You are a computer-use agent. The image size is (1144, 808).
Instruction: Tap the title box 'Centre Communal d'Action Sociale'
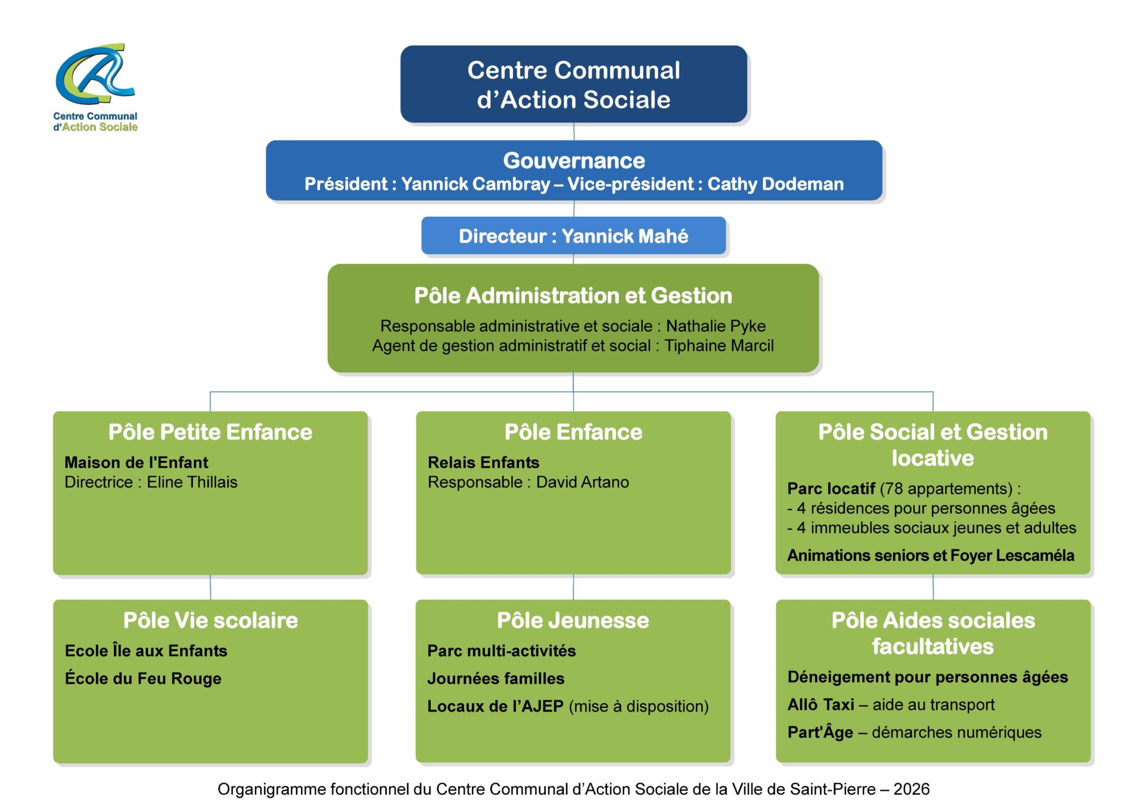pyautogui.click(x=574, y=84)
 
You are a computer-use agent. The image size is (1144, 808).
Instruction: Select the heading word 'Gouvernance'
pyautogui.click(x=574, y=161)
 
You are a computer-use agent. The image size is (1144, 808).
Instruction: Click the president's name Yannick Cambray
pyautogui.click(x=475, y=184)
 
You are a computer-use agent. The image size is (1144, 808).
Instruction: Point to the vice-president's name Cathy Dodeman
pyautogui.click(x=775, y=184)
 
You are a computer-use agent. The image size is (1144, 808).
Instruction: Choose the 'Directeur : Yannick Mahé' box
pyautogui.click(x=573, y=236)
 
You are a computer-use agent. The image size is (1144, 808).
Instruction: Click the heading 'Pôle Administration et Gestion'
pyautogui.click(x=573, y=296)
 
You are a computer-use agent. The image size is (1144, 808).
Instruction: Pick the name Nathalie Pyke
pyautogui.click(x=716, y=326)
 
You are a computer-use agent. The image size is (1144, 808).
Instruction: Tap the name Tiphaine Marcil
pyautogui.click(x=719, y=346)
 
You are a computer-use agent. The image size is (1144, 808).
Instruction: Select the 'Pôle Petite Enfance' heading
pyautogui.click(x=210, y=432)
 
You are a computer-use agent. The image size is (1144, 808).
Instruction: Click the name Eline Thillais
pyautogui.click(x=192, y=482)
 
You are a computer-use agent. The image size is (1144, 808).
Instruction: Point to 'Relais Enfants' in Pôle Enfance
pyautogui.click(x=483, y=463)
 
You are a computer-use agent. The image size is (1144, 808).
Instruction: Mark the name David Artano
pyautogui.click(x=582, y=482)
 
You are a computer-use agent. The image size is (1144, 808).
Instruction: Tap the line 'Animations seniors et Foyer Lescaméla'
pyautogui.click(x=931, y=556)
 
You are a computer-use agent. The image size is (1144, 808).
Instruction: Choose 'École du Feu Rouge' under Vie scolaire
pyautogui.click(x=143, y=678)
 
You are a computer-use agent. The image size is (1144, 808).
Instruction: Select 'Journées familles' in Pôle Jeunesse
pyautogui.click(x=496, y=678)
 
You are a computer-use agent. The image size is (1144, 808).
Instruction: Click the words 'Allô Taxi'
pyautogui.click(x=820, y=704)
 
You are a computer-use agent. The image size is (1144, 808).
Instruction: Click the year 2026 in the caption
pyautogui.click(x=911, y=789)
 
